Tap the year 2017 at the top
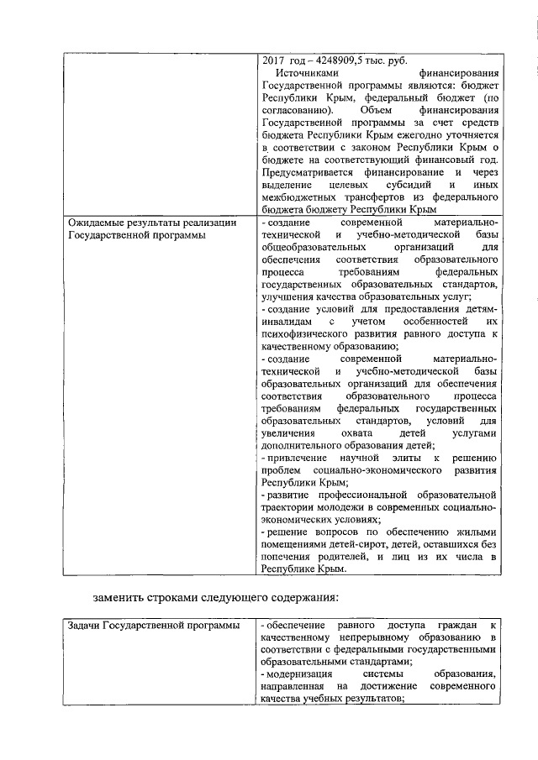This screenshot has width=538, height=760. (x=274, y=61)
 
